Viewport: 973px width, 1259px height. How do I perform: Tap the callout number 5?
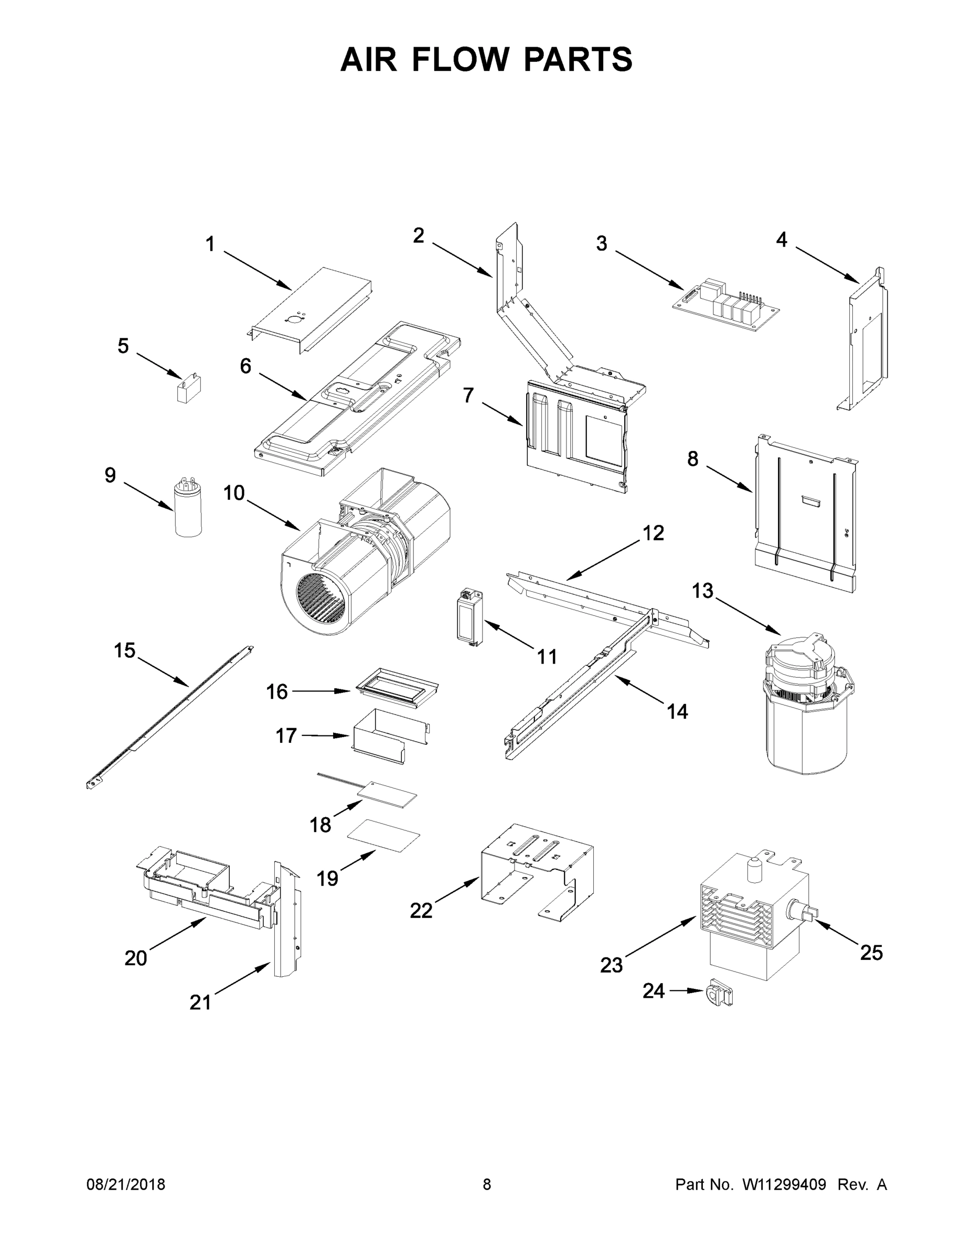(123, 346)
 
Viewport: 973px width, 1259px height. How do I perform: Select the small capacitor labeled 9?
(188, 509)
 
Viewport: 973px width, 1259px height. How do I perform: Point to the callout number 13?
(702, 590)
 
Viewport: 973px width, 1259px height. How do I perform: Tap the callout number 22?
(421, 910)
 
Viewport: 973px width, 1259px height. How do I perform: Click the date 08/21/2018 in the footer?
(126, 1184)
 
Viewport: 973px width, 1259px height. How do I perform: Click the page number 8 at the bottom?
(487, 1184)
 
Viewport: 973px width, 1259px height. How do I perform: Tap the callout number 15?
(124, 650)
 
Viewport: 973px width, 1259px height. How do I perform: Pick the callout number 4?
(781, 239)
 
